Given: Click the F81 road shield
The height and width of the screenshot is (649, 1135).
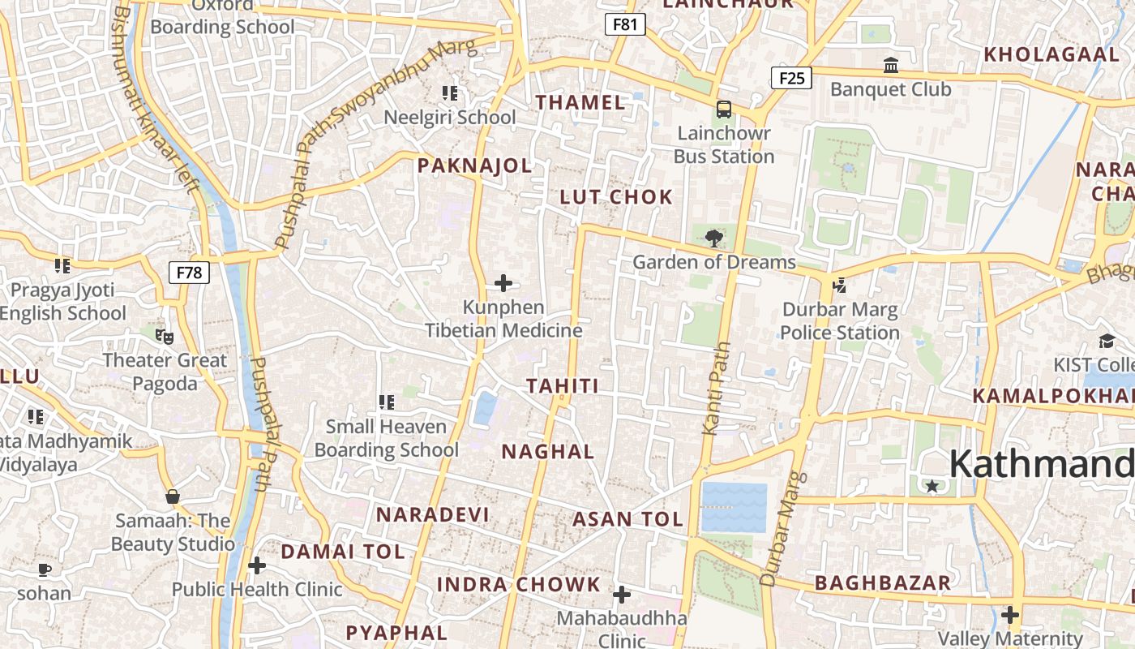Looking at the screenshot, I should click(625, 24).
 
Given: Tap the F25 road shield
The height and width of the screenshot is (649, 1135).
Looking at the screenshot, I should click(790, 78).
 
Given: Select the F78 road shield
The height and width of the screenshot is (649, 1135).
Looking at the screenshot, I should click(189, 272).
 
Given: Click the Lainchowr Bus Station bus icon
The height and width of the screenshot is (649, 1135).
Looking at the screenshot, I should click(724, 109).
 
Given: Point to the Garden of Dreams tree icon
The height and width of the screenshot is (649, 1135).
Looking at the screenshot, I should click(713, 239).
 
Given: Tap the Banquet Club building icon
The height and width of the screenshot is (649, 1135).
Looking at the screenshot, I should click(891, 65).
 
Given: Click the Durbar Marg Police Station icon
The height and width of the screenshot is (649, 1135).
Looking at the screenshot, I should click(839, 286).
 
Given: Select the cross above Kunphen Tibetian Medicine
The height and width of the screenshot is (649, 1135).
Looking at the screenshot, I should click(503, 283).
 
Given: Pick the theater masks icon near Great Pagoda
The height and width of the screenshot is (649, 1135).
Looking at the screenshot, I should click(165, 336).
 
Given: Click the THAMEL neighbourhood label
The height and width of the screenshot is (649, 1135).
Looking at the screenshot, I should click(580, 103).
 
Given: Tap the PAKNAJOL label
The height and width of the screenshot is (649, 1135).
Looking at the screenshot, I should click(474, 166).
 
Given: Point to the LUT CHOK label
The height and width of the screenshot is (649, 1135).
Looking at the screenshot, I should click(616, 197).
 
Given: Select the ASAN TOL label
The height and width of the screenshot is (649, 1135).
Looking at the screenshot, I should click(628, 520).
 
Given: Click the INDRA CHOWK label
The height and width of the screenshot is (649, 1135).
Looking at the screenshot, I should click(519, 585).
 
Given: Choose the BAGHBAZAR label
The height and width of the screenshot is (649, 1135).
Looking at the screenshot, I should click(882, 583).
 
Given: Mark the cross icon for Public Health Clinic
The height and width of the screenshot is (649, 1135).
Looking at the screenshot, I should click(257, 565).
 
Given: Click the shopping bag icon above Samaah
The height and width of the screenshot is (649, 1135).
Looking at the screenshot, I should click(172, 496).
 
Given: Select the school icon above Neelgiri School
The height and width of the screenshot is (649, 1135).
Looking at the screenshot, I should click(450, 93).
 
